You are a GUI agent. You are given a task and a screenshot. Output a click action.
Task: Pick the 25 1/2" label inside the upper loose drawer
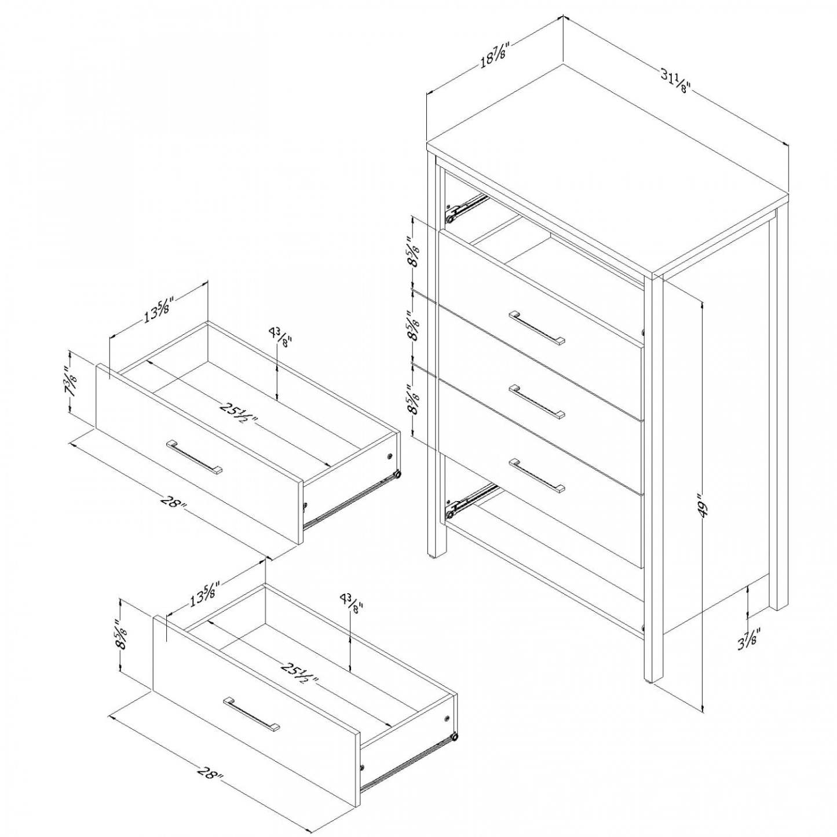(239, 413)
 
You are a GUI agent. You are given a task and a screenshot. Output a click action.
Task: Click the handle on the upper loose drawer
(194, 458)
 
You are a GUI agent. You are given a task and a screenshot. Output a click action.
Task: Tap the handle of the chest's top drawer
(537, 327)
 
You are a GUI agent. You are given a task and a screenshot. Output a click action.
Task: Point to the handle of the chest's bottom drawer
(537, 476)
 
